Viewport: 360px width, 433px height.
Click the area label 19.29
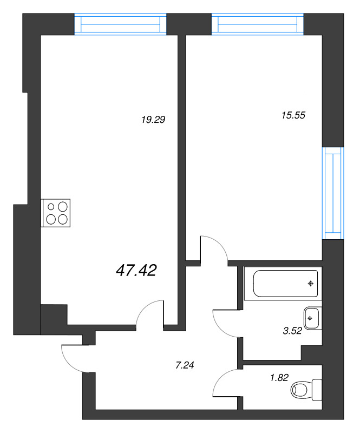[x=153, y=120]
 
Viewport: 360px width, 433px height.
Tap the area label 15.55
[x=293, y=115]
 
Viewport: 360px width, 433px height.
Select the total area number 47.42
[x=136, y=270]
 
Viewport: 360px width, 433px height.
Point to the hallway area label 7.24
[x=185, y=365]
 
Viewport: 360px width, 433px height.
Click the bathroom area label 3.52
[x=292, y=331]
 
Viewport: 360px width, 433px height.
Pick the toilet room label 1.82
[x=279, y=377]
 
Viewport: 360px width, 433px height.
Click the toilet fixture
[x=306, y=390]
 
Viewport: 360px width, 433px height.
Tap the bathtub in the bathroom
[x=285, y=283]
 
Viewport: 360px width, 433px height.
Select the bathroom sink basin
[x=312, y=318]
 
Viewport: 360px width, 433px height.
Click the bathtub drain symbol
[x=311, y=283]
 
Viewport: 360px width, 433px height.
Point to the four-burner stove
[x=56, y=213]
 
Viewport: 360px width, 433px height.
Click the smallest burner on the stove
[x=51, y=206]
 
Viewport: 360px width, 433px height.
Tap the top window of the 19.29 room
[x=121, y=24]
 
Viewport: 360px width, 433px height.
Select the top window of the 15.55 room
[x=258, y=24]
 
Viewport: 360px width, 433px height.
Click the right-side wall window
[x=333, y=193]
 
